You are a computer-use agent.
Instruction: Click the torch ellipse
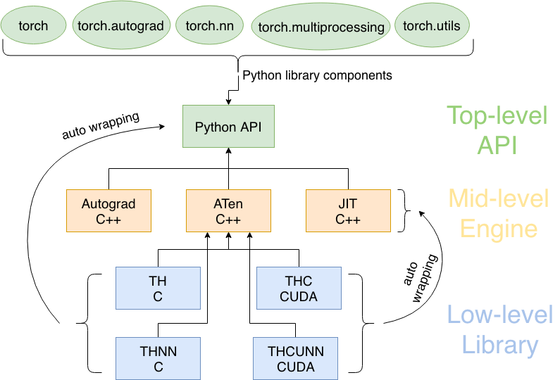click(x=33, y=26)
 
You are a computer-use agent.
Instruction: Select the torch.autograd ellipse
click(x=121, y=26)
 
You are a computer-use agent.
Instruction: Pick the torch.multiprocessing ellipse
click(x=321, y=28)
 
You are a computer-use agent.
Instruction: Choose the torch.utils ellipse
click(x=432, y=26)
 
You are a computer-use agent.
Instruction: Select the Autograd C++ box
click(x=108, y=211)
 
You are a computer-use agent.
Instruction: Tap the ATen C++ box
click(x=228, y=211)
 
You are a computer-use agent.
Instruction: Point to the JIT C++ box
click(x=347, y=211)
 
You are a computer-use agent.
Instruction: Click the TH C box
click(x=158, y=289)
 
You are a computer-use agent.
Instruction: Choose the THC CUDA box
click(x=298, y=289)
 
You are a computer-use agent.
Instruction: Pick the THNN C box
click(x=158, y=358)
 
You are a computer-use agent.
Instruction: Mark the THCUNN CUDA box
click(x=295, y=358)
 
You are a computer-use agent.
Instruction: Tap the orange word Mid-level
click(x=498, y=199)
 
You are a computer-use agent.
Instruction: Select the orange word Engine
click(x=498, y=229)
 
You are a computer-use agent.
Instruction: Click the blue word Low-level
click(x=499, y=315)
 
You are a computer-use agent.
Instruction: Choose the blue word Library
click(x=499, y=345)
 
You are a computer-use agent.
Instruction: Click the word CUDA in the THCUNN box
click(x=295, y=367)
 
